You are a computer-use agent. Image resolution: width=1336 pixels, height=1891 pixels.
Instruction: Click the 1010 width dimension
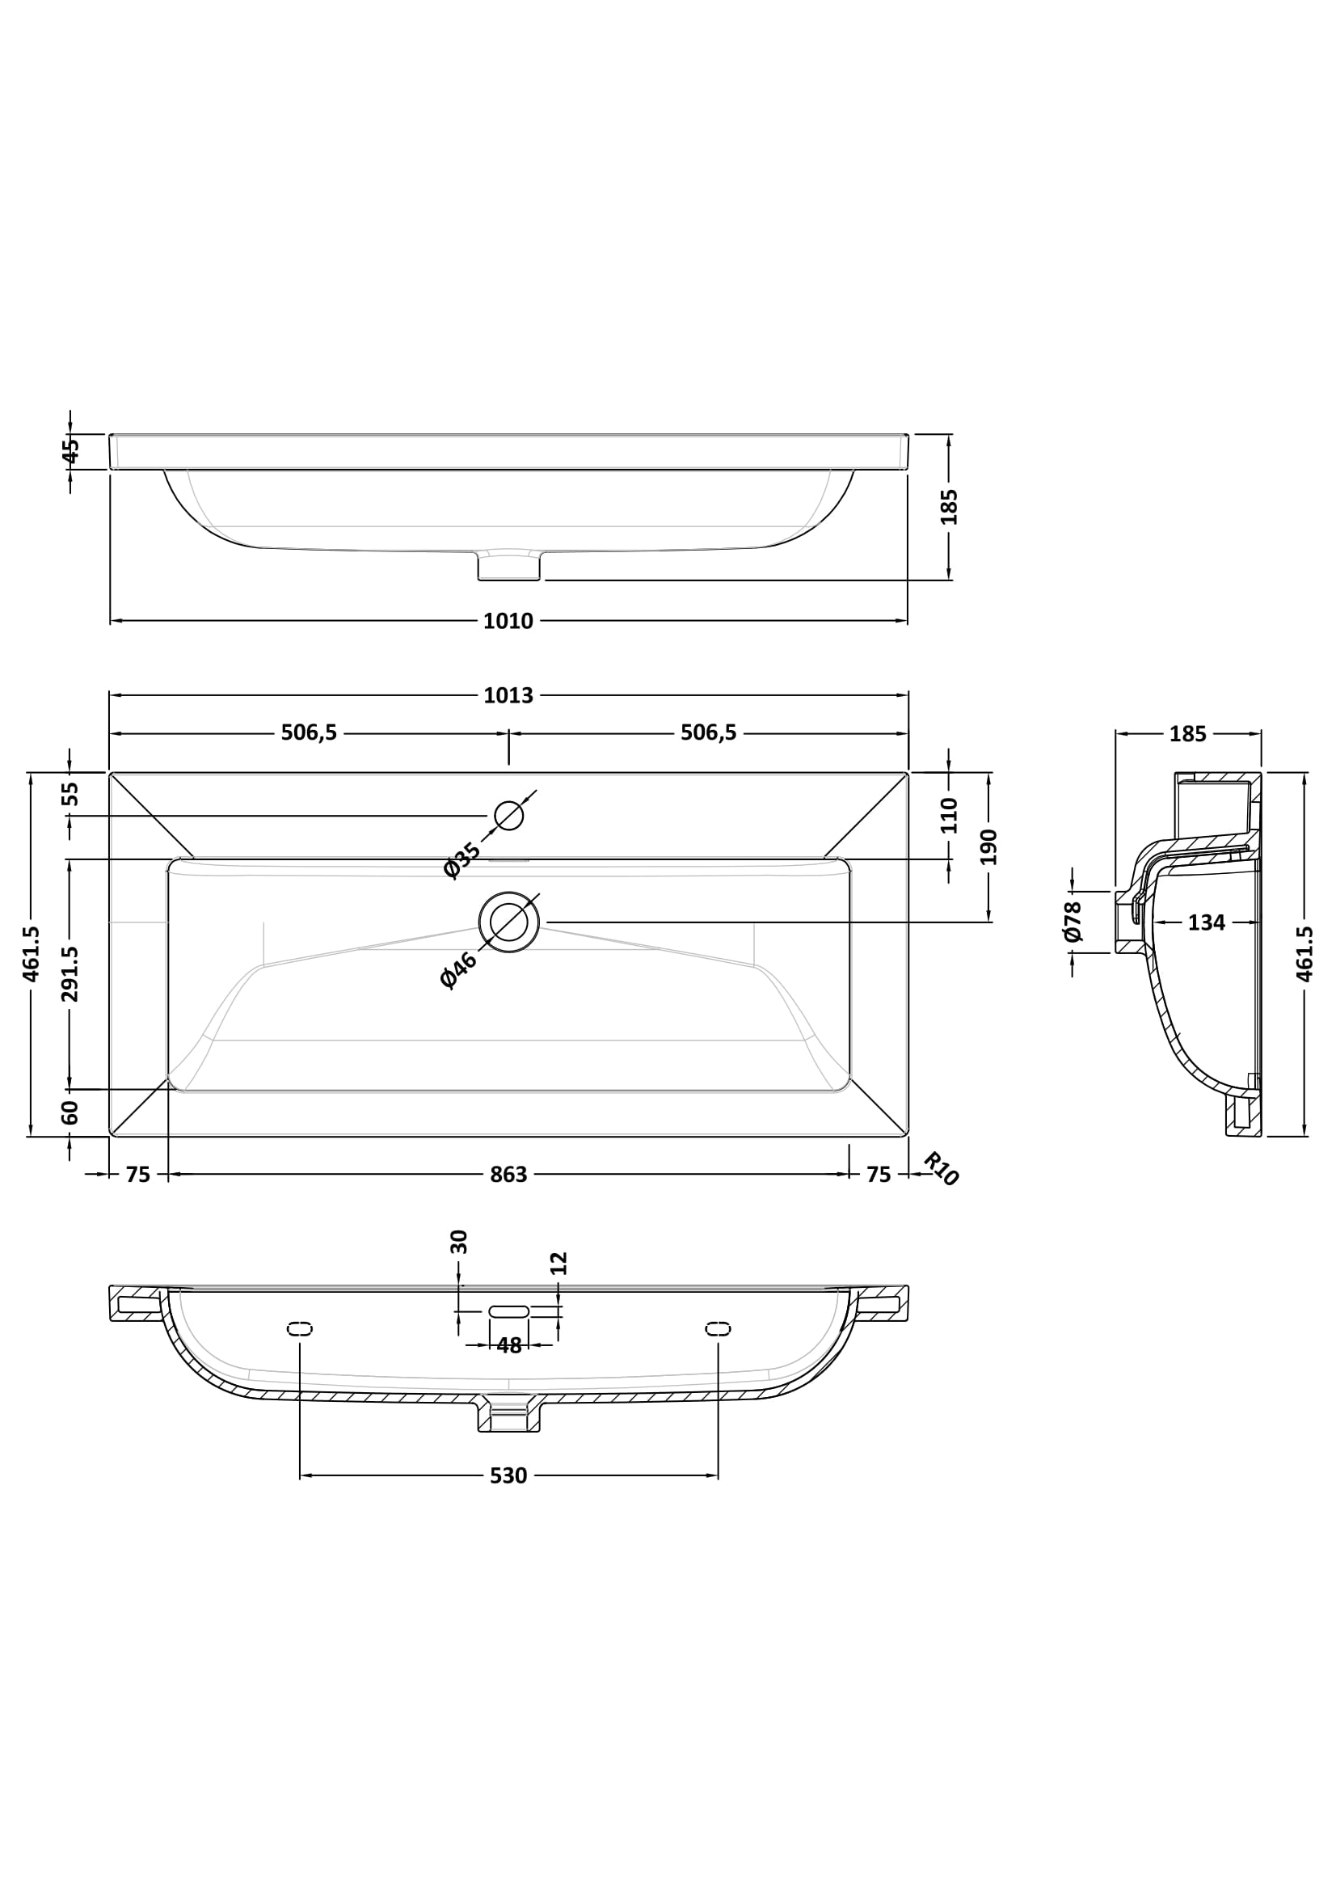pos(508,621)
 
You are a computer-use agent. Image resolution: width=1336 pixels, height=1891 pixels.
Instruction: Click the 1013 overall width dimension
pos(508,696)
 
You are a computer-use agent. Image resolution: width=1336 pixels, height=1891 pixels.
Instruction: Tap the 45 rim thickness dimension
pos(71,450)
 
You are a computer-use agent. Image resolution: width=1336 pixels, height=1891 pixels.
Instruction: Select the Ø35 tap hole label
pos(461,860)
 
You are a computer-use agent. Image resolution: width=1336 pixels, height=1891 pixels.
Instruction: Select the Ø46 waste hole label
pos(458,969)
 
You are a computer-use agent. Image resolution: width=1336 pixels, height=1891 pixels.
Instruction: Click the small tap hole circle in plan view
pos(508,816)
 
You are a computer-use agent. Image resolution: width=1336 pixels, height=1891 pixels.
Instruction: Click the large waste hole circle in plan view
pos(508,922)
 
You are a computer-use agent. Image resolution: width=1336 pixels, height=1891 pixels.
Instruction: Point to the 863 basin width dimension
pos(508,1175)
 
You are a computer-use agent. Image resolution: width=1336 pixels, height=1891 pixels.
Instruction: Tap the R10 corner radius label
pos(940,1170)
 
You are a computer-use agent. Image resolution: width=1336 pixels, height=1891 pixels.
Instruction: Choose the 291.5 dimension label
pos(71,973)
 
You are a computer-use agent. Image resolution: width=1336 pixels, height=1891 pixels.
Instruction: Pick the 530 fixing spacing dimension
pos(508,1476)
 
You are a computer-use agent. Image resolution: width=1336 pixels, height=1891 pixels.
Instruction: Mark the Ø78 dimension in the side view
pos(1072,922)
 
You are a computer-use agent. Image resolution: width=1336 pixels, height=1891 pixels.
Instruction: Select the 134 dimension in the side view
pos(1206,923)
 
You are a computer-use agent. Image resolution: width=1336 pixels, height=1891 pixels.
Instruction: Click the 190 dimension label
pos(988,846)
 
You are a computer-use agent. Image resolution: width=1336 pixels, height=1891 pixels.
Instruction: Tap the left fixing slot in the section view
pos(300,1327)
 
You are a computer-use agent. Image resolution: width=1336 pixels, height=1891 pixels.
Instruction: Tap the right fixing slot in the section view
pos(718,1327)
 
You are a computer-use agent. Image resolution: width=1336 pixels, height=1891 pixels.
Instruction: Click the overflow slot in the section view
pos(508,1311)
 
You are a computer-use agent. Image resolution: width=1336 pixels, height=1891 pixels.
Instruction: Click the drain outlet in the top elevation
pos(508,567)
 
